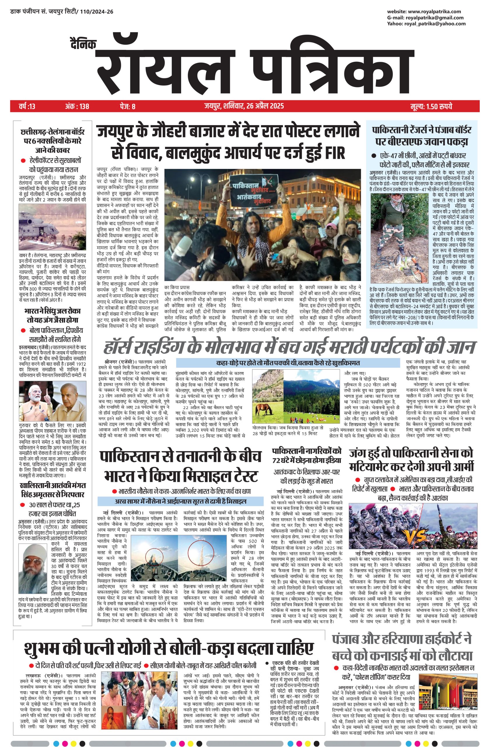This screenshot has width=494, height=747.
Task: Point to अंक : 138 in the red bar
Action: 77,106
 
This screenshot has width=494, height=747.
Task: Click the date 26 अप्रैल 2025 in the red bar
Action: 265,106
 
